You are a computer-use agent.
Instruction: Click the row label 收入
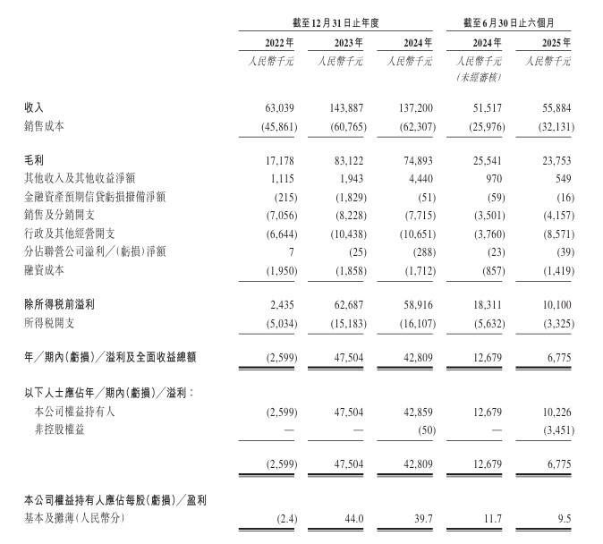click(x=34, y=107)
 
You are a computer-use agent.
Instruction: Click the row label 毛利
click(x=34, y=158)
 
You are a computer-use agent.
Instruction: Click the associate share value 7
click(x=289, y=252)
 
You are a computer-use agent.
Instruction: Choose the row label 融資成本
click(x=45, y=270)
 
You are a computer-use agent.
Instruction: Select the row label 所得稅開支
click(x=50, y=322)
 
